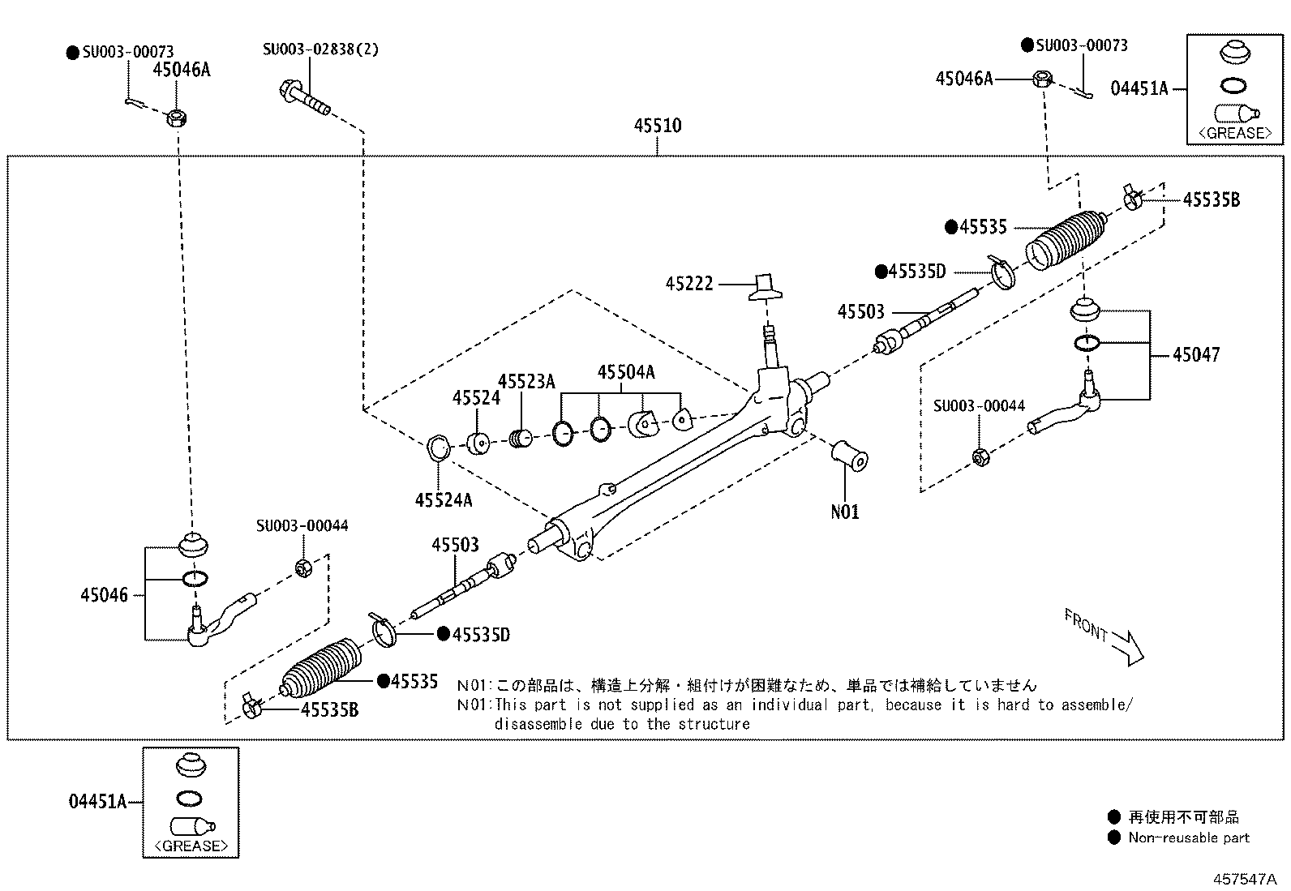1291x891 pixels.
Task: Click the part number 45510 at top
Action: pos(657,126)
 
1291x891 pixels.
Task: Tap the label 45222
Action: pos(689,284)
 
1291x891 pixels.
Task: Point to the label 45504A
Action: pos(625,372)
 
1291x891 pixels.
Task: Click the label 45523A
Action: pos(526,381)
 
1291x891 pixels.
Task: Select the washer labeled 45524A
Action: pos(439,447)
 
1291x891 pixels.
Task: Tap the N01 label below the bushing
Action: pos(845,512)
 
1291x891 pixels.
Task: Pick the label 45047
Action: pos(1195,354)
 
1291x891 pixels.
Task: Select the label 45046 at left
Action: pos(104,595)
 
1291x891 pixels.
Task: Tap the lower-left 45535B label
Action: pos(329,710)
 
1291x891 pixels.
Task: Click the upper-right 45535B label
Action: pos(1211,199)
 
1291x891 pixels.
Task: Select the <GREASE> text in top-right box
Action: pos(1235,132)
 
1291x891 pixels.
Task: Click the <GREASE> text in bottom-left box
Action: pos(191,846)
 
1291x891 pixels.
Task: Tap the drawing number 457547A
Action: pos(1245,879)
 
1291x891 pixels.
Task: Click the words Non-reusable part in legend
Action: pos(1189,837)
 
